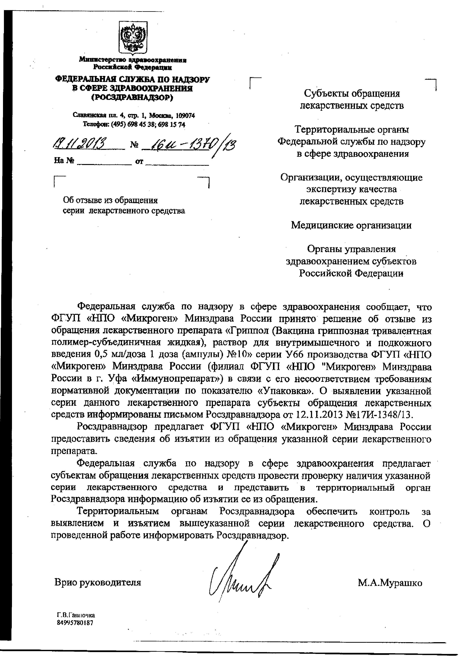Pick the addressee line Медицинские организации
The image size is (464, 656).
(351, 225)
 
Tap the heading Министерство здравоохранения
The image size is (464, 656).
(133, 60)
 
